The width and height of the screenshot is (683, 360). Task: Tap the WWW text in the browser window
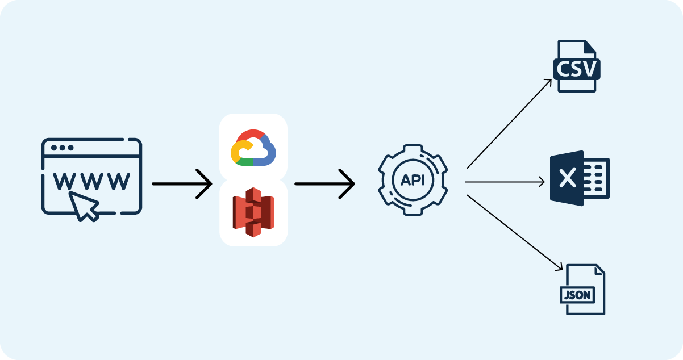[x=91, y=181]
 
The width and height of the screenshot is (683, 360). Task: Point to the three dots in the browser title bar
[x=62, y=148]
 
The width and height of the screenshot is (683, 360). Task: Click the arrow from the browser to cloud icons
[x=181, y=184]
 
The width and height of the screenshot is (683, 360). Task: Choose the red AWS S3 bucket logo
[x=253, y=211]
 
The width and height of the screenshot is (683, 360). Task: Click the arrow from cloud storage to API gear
[x=324, y=184]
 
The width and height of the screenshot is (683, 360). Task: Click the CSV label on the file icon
[x=577, y=69]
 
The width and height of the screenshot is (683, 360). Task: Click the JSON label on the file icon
[x=577, y=295]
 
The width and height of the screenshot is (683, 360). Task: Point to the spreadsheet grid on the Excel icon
[x=597, y=178]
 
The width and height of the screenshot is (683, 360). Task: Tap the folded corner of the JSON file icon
[x=598, y=271]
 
